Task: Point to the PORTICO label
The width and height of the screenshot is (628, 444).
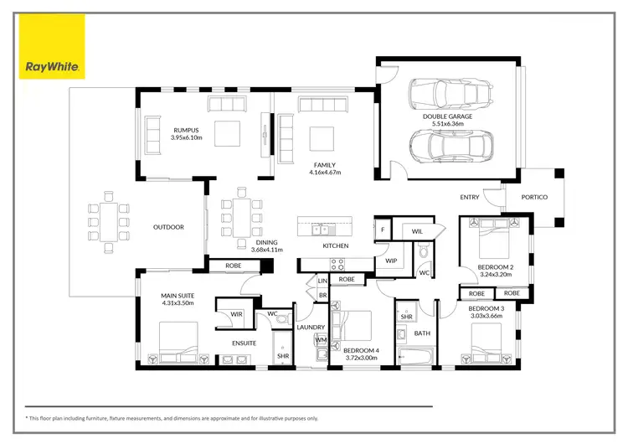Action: tap(533, 197)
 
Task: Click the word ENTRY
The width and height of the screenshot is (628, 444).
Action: tap(470, 197)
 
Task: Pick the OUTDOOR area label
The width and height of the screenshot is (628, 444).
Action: tap(168, 227)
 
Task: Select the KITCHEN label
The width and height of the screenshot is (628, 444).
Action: tap(336, 245)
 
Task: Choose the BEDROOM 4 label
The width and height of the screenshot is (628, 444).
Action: tap(362, 354)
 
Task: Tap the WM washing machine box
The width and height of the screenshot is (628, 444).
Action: tap(320, 340)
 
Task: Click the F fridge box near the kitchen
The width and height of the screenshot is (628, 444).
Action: tap(383, 229)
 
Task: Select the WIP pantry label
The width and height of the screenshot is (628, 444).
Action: tap(390, 261)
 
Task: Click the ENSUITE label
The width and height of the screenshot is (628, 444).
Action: tap(245, 343)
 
